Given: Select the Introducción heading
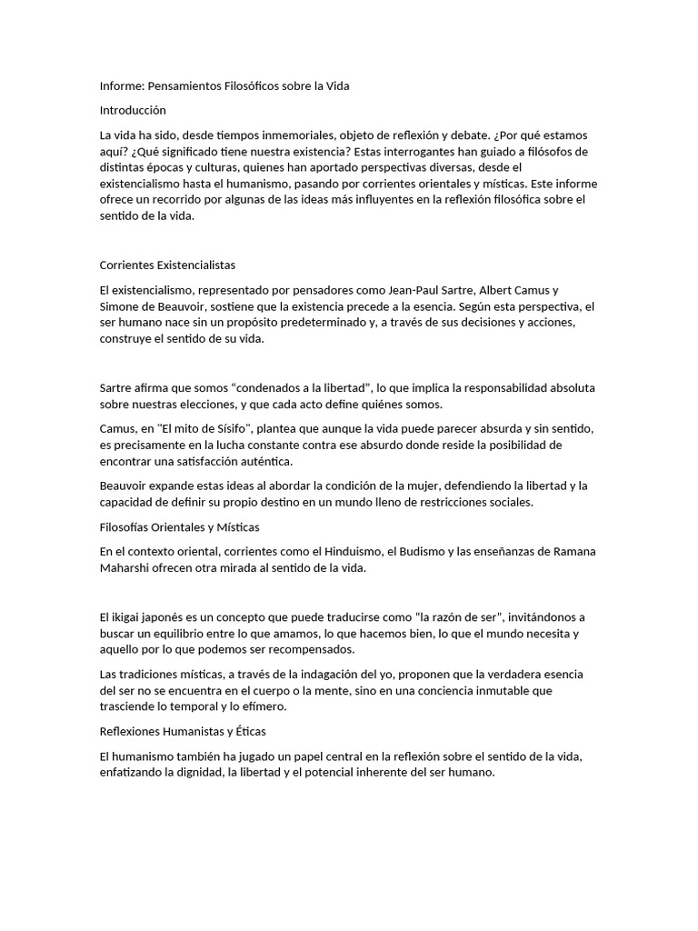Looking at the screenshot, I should click(x=133, y=110).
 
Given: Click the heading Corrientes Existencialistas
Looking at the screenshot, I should click(x=167, y=265).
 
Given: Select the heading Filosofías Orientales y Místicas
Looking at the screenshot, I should click(x=179, y=527).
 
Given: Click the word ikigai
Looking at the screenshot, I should click(x=126, y=617).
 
